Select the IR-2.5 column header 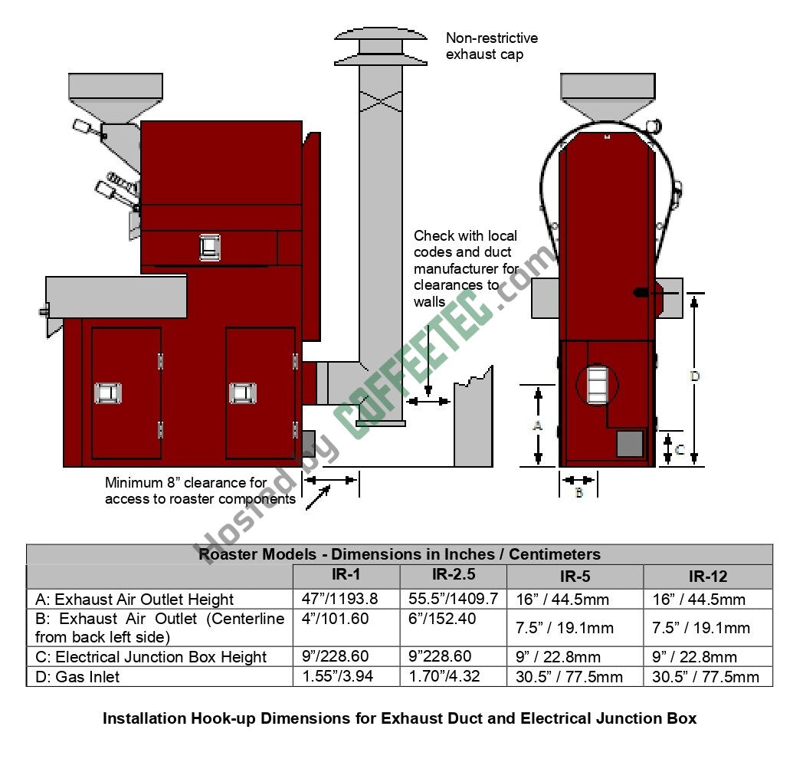tap(452, 575)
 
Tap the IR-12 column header tap(707, 577)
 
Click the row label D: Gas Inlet tap(77, 676)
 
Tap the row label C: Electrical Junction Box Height tap(151, 657)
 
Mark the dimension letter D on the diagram tap(694, 376)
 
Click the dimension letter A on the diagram tap(537, 425)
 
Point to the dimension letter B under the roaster tap(578, 493)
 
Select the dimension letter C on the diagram tap(679, 450)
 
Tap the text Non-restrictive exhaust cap tap(492, 46)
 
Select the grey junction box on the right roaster tap(630, 443)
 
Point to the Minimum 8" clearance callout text tap(201, 491)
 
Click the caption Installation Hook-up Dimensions tap(399, 718)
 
